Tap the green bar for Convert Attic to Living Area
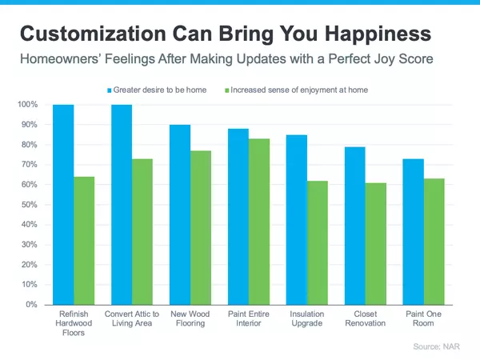click(142, 231)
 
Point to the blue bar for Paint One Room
click(413, 231)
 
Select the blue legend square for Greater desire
click(110, 90)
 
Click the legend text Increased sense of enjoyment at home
click(299, 90)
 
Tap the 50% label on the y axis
click(29, 205)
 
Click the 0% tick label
click(31, 305)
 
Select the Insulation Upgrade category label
click(307, 319)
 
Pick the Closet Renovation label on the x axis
click(366, 319)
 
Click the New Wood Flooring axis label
click(190, 319)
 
